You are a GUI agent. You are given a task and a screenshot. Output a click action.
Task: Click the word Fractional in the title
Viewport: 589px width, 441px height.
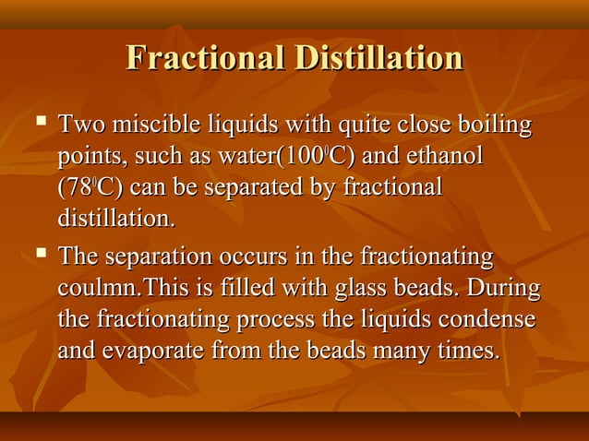point(205,58)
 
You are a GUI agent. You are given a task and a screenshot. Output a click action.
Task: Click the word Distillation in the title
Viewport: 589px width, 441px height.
point(378,58)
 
